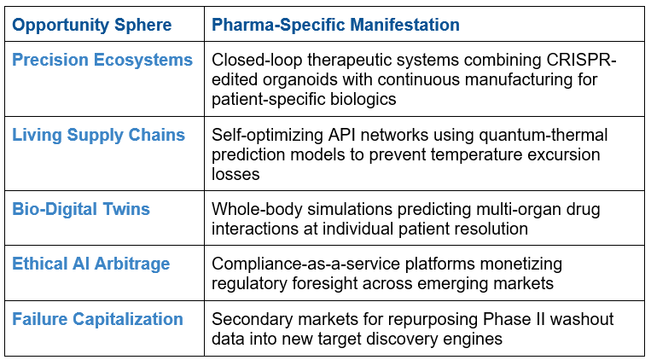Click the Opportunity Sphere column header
[92, 26]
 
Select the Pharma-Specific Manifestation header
[335, 25]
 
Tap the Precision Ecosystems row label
[102, 61]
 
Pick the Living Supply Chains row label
[98, 136]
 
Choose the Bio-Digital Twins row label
[81, 209]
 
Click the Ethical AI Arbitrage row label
[91, 264]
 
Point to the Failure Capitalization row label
[97, 319]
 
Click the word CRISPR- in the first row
[581, 60]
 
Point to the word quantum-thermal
[543, 135]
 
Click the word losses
[235, 174]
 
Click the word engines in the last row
[473, 340]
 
